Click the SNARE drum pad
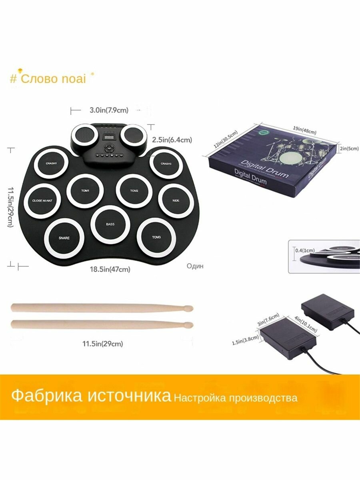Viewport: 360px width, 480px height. (64, 238)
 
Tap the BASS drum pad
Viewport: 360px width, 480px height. (110, 224)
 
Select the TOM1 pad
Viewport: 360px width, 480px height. (85, 191)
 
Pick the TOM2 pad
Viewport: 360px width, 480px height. (134, 191)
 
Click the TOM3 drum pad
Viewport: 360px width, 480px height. (156, 237)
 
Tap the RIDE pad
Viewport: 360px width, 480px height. (176, 200)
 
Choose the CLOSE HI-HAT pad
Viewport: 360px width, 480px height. (42, 201)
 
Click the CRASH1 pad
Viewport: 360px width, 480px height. (52, 164)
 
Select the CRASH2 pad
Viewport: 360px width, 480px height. (166, 164)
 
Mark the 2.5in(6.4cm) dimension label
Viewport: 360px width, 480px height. (172, 140)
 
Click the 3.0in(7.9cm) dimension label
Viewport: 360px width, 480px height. (106, 110)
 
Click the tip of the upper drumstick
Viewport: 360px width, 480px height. (190, 308)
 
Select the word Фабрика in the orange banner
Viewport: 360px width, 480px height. (45, 396)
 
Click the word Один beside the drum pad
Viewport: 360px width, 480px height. (195, 266)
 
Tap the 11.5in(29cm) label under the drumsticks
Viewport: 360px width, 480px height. (102, 343)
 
